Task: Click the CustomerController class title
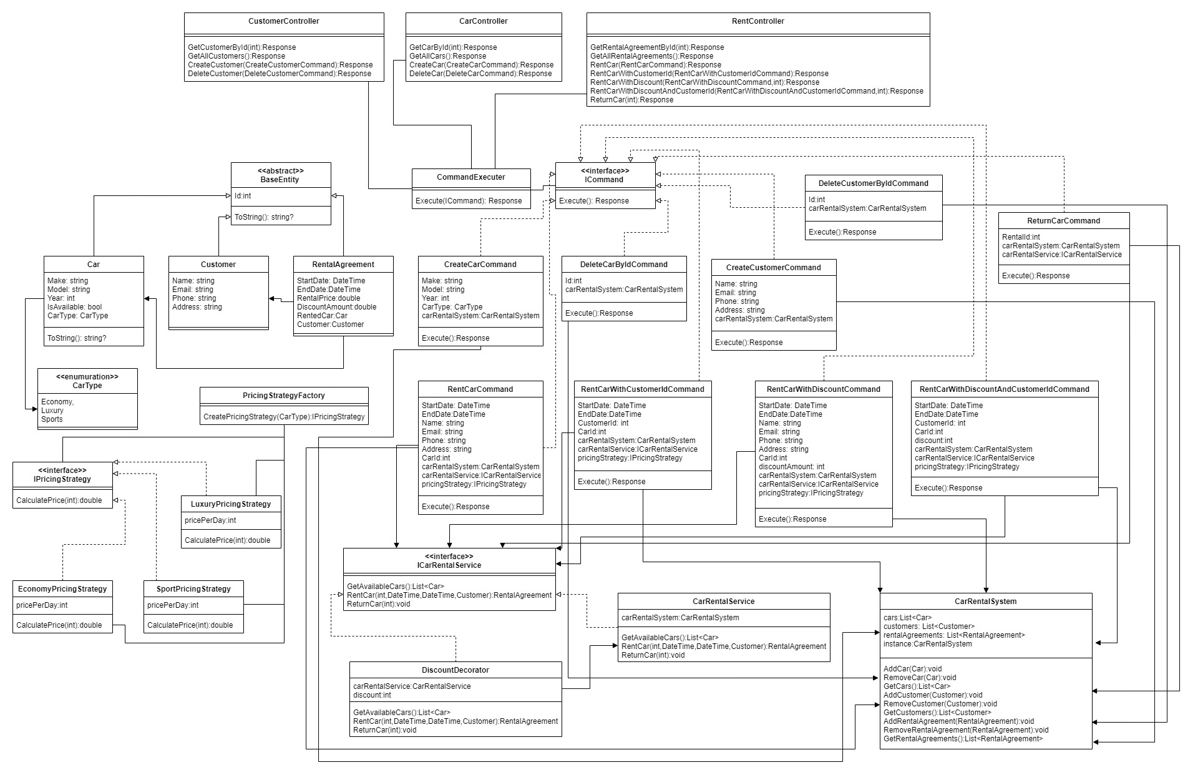pyautogui.click(x=284, y=21)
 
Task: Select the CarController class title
pyautogui.click(x=484, y=21)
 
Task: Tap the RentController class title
pyautogui.click(x=758, y=21)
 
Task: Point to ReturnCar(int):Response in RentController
pyautogui.click(x=631, y=100)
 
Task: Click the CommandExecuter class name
pyautogui.click(x=471, y=177)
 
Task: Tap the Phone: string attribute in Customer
pyautogui.click(x=194, y=298)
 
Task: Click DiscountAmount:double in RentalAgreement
pyautogui.click(x=337, y=307)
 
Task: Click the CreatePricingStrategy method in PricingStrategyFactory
pyautogui.click(x=284, y=417)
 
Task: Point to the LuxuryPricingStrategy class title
pyautogui.click(x=231, y=504)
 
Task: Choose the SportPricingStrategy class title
pyautogui.click(x=193, y=589)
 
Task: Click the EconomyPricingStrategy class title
pyautogui.click(x=62, y=589)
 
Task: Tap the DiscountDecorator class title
pyautogui.click(x=455, y=670)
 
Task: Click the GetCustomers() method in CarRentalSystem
pyautogui.click(x=937, y=713)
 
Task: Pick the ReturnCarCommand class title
pyautogui.click(x=1064, y=221)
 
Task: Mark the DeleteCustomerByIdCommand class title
pyautogui.click(x=874, y=183)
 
